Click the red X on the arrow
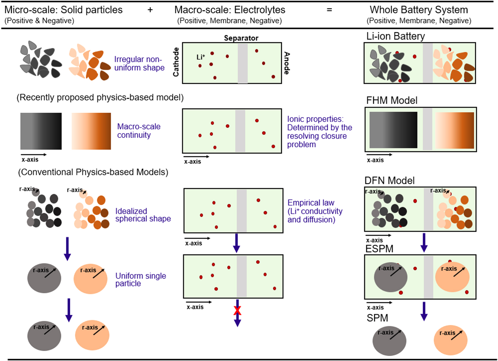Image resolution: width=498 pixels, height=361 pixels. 237,311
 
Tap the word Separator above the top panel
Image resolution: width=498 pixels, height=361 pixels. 241,38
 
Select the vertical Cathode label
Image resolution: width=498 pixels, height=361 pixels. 176,62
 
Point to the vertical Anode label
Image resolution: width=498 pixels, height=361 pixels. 286,63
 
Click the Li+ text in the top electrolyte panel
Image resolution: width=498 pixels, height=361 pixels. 201,57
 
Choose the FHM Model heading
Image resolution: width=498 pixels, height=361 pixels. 392,100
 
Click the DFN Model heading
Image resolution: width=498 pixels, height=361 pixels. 389,181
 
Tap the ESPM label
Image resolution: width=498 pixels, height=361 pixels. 379,249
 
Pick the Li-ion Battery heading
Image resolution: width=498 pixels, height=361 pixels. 395,36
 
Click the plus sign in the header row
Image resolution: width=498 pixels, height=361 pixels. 150,10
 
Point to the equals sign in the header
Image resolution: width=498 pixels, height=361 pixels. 329,10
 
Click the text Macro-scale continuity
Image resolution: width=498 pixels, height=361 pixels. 138,131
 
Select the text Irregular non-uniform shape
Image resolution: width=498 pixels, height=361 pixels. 139,63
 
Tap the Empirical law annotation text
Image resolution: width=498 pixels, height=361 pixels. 315,211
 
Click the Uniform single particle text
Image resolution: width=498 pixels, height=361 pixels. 140,279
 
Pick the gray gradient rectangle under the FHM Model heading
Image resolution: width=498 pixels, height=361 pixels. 393,130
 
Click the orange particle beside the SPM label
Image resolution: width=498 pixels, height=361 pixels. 450,340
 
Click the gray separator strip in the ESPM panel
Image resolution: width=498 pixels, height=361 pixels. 428,277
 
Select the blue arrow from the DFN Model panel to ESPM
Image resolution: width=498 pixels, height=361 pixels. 424,242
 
